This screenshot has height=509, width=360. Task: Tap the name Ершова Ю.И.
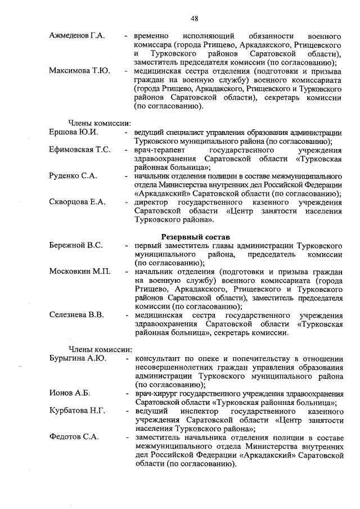[74, 133]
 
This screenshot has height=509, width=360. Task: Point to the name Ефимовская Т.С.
[79, 150]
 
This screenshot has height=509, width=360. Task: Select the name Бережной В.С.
[75, 245]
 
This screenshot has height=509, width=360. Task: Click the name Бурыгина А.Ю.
[78, 358]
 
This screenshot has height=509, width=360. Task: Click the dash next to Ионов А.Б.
[128, 393]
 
